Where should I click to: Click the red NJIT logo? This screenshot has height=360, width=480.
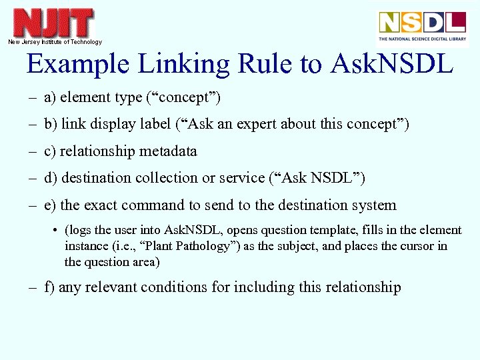(54, 23)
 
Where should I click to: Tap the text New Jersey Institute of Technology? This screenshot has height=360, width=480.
(55, 42)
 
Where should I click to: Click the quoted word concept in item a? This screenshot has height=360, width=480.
(183, 97)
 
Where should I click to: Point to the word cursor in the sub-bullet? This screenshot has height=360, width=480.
(415, 246)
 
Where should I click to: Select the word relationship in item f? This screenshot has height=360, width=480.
(361, 287)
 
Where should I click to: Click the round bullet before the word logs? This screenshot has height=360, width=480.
(54, 231)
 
